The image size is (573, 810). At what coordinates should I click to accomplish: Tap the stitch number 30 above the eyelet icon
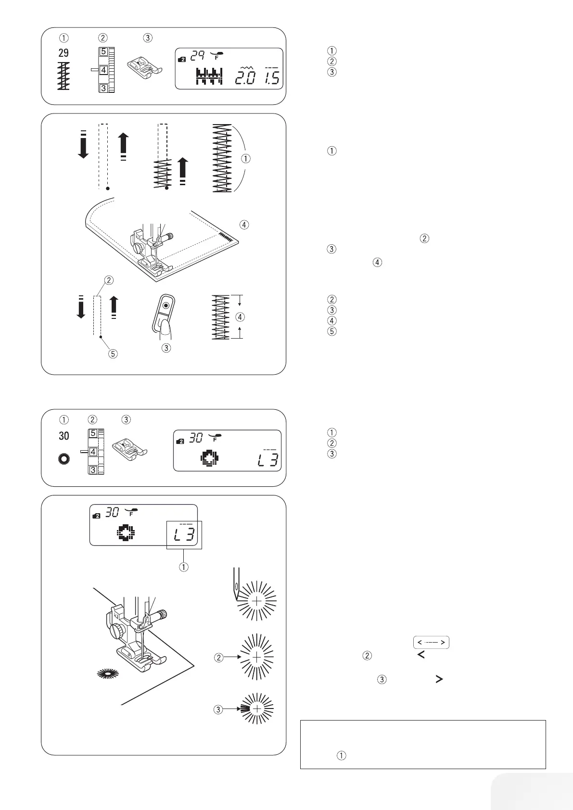[64, 436]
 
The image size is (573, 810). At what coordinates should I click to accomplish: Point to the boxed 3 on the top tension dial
[103, 87]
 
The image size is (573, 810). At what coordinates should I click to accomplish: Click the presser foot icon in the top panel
[140, 69]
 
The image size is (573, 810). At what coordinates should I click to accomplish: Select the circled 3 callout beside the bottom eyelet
[218, 709]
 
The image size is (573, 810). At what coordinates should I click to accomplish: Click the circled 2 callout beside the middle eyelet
[219, 657]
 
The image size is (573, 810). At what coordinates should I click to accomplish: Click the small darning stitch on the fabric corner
[225, 235]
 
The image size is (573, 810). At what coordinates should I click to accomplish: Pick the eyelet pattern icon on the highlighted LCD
[126, 533]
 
